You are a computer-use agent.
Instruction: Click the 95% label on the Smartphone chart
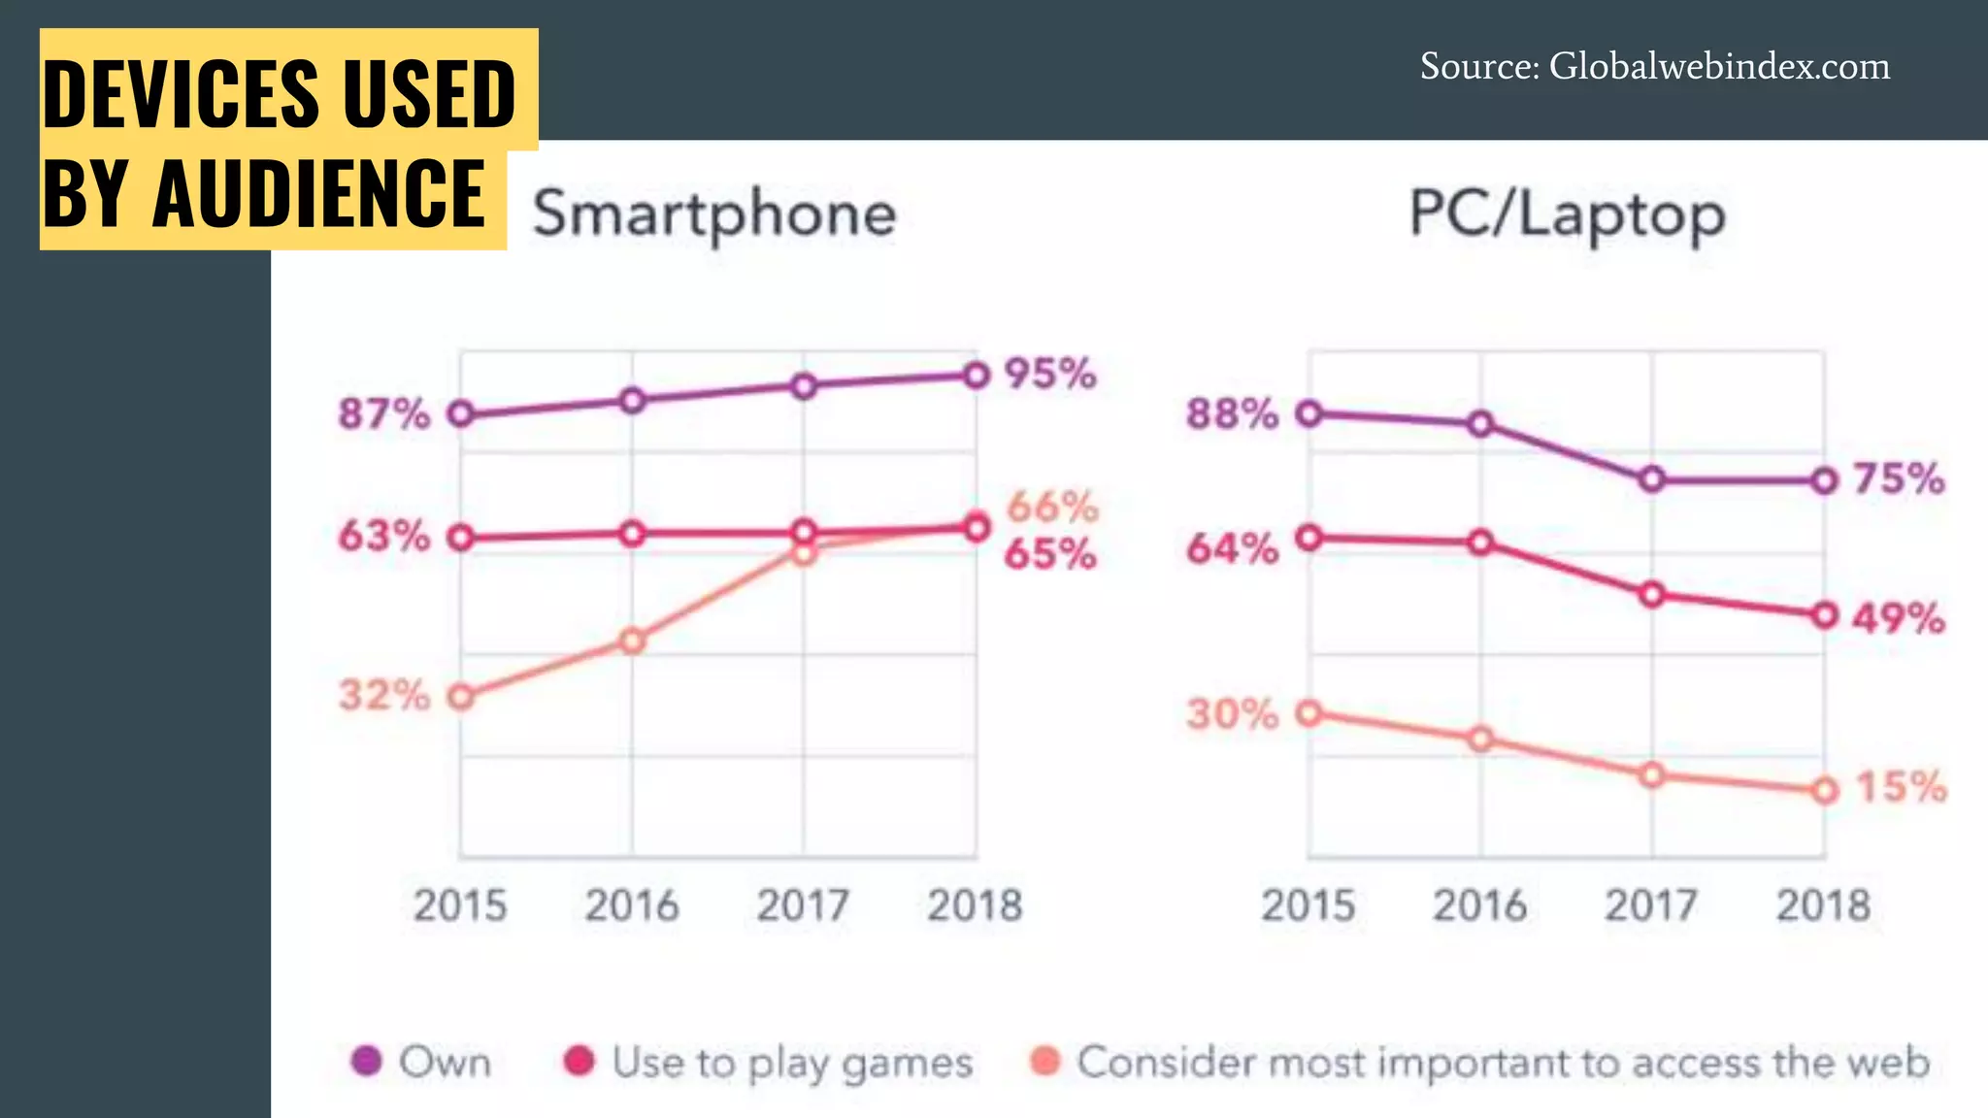(x=1049, y=374)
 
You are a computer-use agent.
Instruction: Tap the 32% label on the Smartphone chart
(x=383, y=695)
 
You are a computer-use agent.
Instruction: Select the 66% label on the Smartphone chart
(x=1052, y=506)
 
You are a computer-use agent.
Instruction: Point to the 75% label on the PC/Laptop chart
(x=1899, y=478)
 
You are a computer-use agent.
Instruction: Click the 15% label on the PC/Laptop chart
(x=1901, y=786)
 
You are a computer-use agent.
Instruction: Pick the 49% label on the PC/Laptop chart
(x=1898, y=617)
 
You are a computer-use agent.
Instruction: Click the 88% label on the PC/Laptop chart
(x=1232, y=413)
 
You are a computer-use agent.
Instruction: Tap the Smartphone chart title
(x=714, y=214)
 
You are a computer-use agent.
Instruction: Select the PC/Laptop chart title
(x=1567, y=214)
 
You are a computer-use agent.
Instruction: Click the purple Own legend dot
(x=366, y=1061)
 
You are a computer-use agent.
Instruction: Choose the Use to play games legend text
(x=792, y=1063)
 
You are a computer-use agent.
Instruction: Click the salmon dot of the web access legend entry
(x=1045, y=1061)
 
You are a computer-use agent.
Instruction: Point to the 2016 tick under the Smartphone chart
(x=631, y=905)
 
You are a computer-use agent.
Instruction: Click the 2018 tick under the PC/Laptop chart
(x=1823, y=905)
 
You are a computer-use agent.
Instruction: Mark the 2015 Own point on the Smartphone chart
(x=461, y=414)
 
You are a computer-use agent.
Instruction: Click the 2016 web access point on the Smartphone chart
(x=632, y=641)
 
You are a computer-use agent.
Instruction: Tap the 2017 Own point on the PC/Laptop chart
(x=1652, y=479)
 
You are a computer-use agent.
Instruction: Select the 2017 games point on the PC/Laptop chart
(x=1652, y=595)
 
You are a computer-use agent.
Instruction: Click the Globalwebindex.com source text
(x=1718, y=66)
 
